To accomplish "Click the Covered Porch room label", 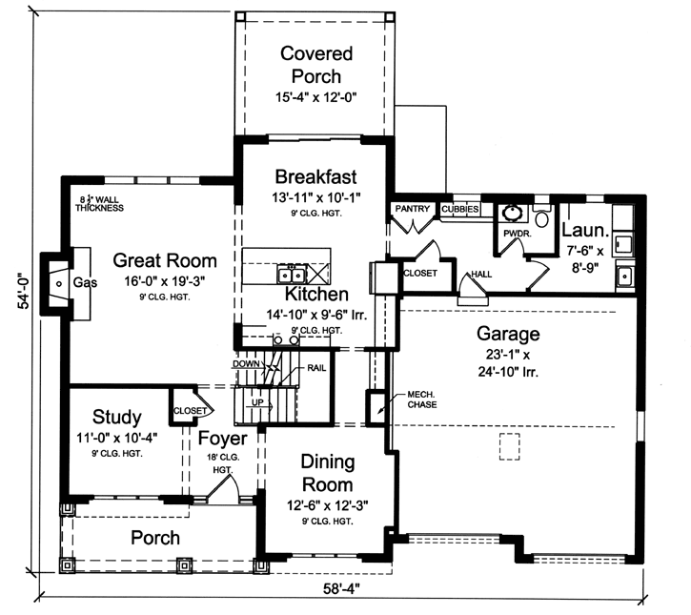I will point(315,65).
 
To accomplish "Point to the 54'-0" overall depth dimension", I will point(20,307).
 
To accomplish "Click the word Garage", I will point(509,334).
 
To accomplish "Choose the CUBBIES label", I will point(459,209).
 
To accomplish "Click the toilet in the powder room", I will point(542,217).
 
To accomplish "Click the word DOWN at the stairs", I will point(247,364).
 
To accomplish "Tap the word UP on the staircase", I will point(256,403).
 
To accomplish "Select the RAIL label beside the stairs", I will point(318,368).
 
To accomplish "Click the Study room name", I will point(117,417).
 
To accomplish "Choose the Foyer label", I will point(223,439).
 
